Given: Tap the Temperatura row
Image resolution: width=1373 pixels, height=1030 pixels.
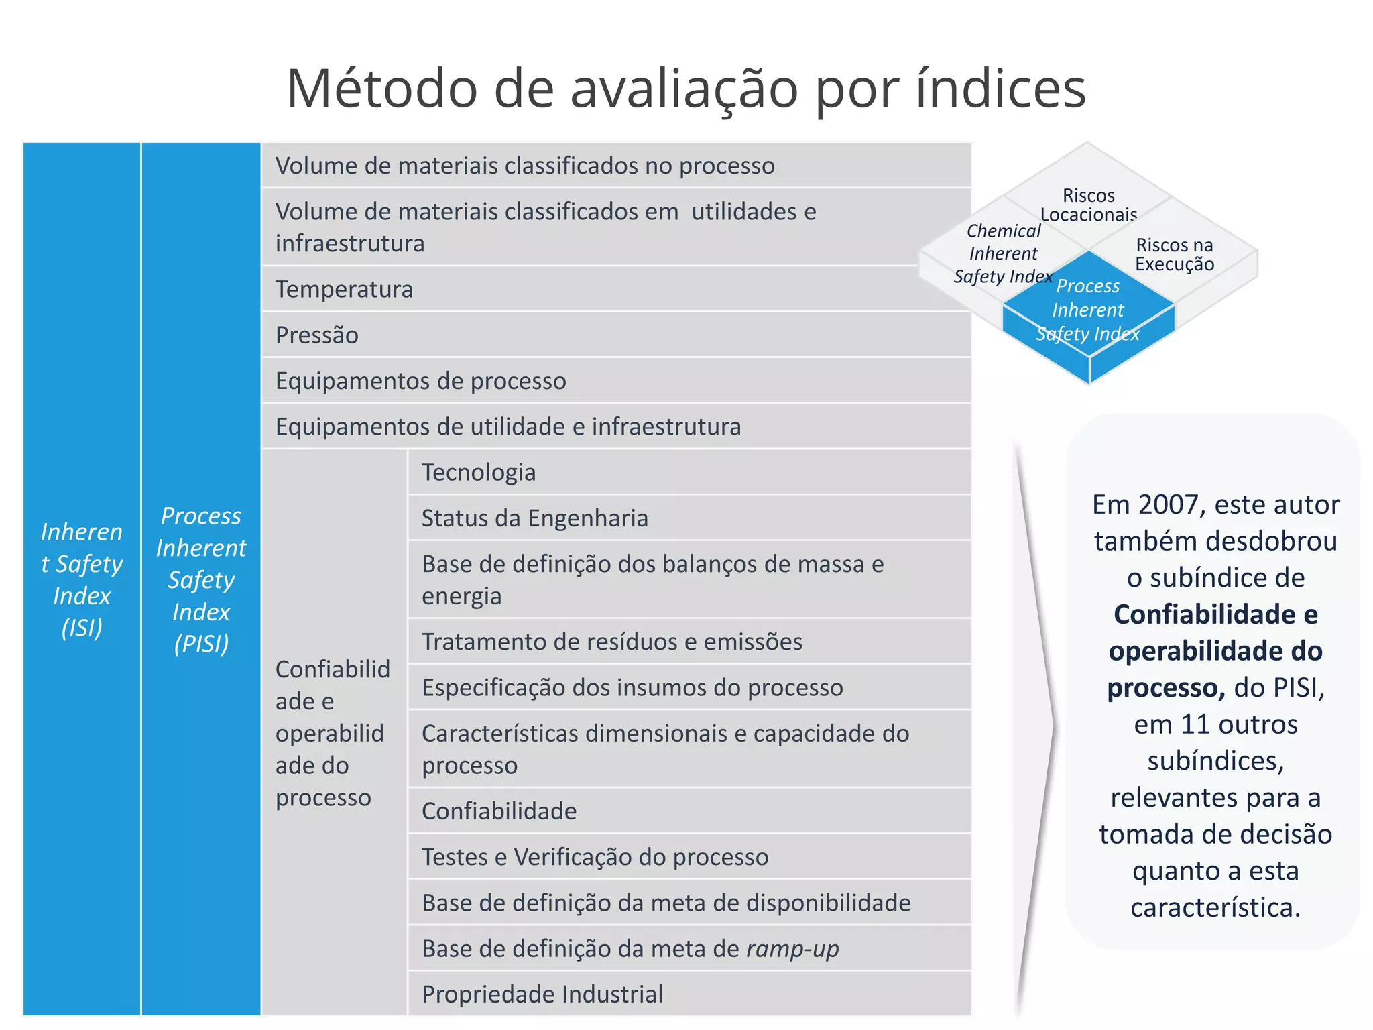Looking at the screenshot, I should [344, 289].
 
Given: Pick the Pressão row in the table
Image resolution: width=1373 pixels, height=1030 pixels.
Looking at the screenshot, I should [317, 335].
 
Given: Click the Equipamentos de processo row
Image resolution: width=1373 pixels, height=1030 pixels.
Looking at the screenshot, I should [420, 381].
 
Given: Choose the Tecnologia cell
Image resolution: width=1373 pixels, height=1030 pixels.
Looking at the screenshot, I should [479, 472].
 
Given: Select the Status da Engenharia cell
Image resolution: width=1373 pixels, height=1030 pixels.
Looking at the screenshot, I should [534, 518].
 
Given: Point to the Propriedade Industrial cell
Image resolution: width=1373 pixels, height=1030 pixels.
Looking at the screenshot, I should [542, 994].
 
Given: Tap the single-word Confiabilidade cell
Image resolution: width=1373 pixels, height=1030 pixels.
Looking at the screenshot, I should [499, 811].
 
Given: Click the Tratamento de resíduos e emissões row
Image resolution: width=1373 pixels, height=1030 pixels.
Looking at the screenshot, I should [611, 642].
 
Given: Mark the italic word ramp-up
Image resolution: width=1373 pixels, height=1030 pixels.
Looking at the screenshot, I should [792, 948].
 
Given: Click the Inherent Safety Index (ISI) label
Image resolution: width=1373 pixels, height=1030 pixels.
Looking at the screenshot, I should [82, 579].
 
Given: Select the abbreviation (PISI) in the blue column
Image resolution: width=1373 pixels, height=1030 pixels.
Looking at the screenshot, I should [201, 644].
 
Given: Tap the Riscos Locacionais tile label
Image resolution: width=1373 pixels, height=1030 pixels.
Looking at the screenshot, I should [1088, 205].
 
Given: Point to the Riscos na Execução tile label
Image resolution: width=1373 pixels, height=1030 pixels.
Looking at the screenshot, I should [1175, 255].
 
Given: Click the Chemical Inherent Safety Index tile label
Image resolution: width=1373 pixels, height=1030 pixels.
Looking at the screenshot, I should [1003, 253].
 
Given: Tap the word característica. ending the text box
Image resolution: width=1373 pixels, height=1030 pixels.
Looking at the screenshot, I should [1215, 907].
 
